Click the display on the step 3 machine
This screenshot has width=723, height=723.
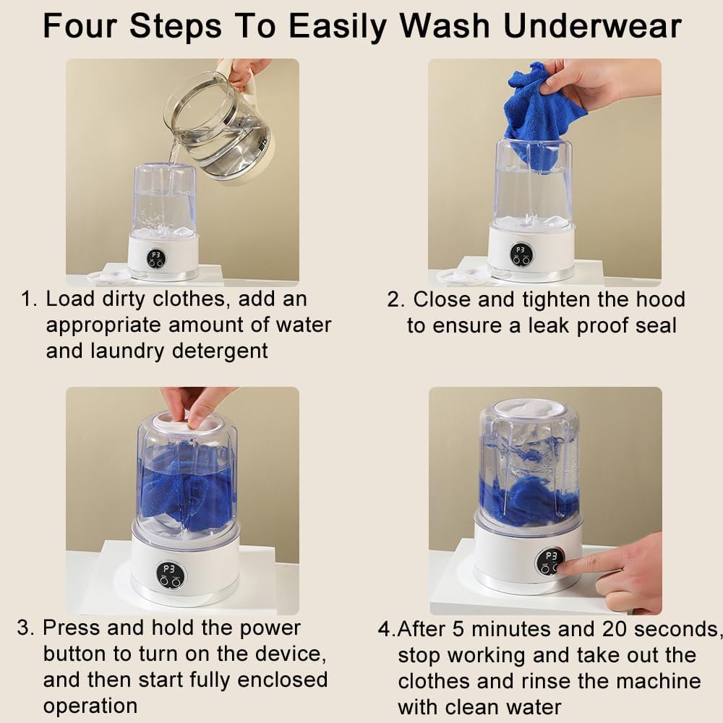point(170,575)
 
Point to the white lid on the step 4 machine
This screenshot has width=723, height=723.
point(530,409)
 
